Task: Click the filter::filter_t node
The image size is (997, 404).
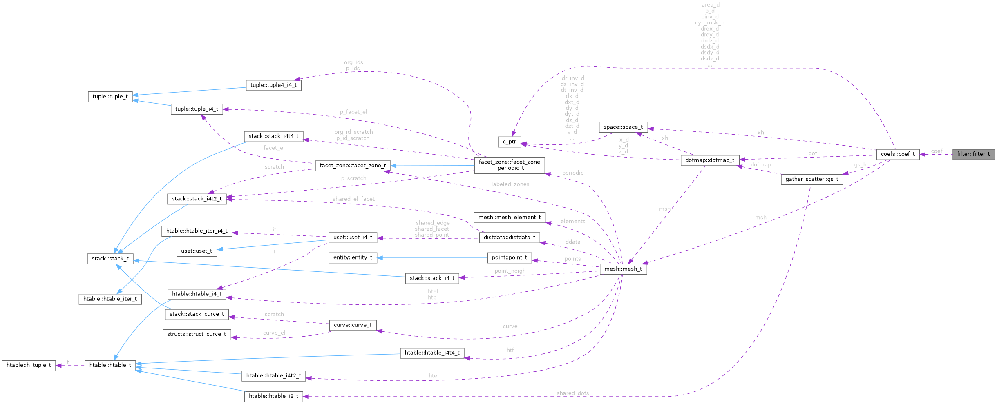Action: click(x=973, y=154)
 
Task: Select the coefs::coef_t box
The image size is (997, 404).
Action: click(x=898, y=154)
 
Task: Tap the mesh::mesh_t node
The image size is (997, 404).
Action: click(x=623, y=269)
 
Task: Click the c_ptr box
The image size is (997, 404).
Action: click(x=509, y=142)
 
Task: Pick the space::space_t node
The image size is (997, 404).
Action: click(x=623, y=127)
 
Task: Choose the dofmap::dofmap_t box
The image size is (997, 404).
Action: click(x=710, y=160)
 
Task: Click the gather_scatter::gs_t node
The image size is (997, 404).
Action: click(x=811, y=179)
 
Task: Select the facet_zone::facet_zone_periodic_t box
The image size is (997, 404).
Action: click(x=509, y=165)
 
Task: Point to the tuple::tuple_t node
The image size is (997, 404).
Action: click(x=110, y=97)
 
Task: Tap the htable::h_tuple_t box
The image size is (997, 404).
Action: click(x=29, y=365)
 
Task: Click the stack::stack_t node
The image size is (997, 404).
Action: click(x=110, y=259)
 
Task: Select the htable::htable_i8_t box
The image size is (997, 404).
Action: click(x=273, y=396)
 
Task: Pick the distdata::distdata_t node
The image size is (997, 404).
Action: click(x=509, y=238)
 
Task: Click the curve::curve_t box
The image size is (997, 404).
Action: click(x=353, y=325)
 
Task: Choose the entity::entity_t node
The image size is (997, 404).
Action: click(x=353, y=257)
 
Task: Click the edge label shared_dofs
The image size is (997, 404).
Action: click(x=572, y=393)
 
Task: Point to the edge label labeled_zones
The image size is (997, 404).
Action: click(x=510, y=184)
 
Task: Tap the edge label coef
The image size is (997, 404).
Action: click(x=937, y=151)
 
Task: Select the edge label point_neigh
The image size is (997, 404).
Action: click(x=510, y=271)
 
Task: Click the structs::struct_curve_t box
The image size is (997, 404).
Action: click(x=197, y=334)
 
